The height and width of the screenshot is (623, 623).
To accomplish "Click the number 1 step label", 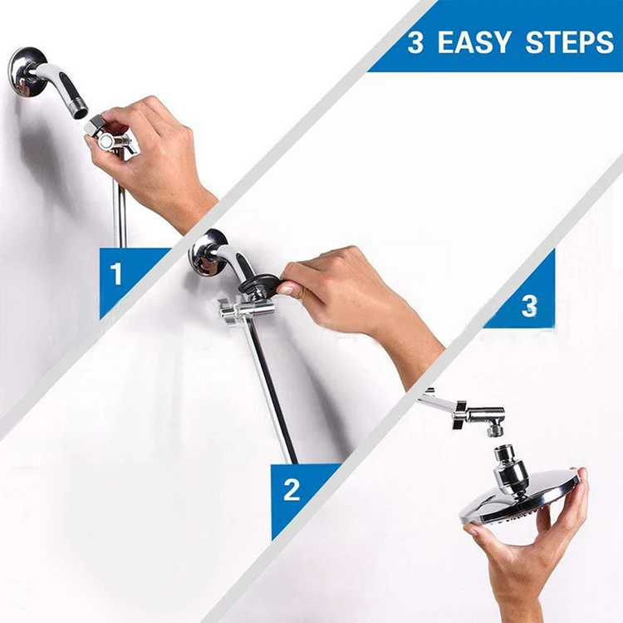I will tap(116, 274).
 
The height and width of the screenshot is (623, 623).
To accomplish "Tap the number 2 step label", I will tap(292, 488).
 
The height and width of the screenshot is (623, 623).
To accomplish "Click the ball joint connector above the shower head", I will tap(508, 461).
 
